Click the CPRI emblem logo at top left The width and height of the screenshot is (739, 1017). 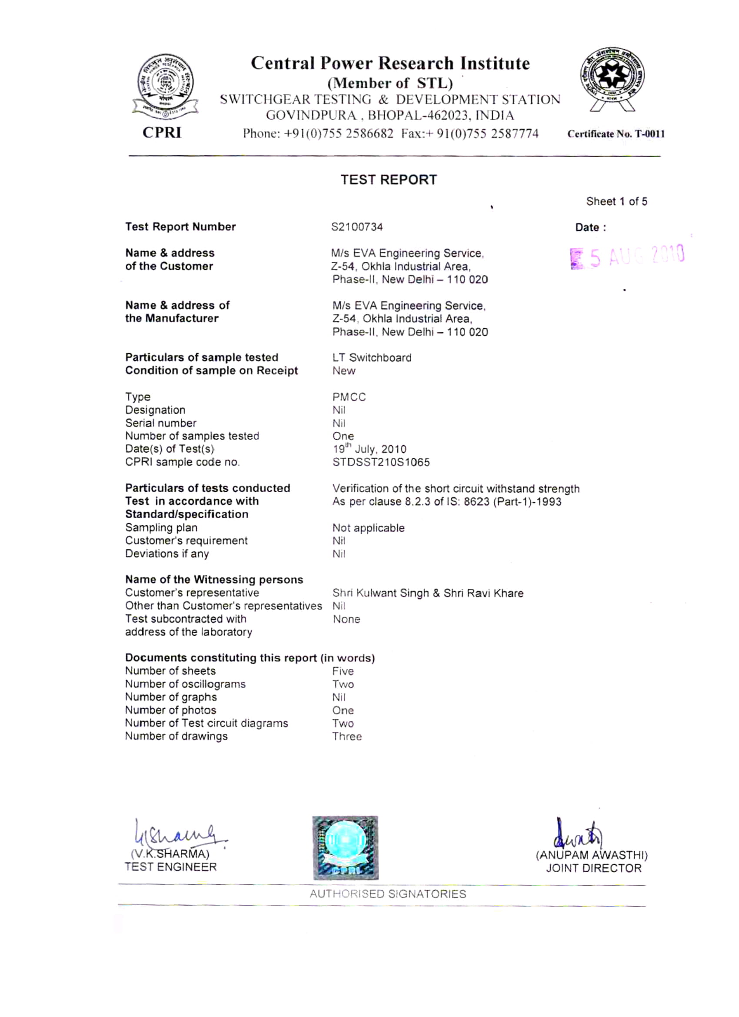click(165, 86)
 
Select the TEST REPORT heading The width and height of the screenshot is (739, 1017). click(388, 180)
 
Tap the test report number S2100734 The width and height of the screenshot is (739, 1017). click(357, 227)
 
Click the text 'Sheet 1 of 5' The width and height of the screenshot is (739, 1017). click(616, 201)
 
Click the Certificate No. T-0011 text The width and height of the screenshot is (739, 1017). click(616, 133)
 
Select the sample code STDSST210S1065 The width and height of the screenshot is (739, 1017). click(381, 462)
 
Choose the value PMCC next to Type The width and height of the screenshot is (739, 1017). click(349, 397)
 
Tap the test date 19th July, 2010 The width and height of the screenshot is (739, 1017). click(369, 449)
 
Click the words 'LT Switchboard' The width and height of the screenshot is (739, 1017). click(372, 357)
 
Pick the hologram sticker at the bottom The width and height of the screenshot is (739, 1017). click(345, 847)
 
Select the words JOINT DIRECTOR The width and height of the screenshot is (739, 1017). click(593, 868)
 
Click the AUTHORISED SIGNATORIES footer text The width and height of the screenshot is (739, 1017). click(388, 894)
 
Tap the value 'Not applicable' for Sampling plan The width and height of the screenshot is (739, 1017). click(368, 528)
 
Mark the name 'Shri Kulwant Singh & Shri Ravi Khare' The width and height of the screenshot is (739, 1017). click(428, 593)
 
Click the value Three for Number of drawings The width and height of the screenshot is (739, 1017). click(346, 736)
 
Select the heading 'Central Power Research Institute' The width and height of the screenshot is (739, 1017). click(390, 63)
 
